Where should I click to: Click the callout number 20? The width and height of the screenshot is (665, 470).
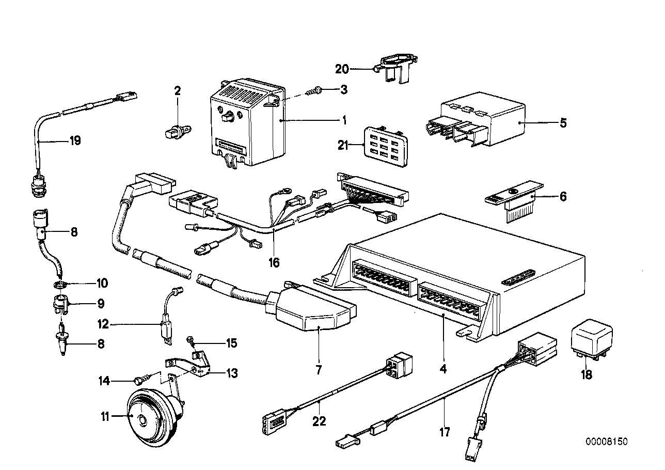coord(356,68)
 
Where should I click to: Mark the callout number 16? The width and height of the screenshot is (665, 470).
coord(274,263)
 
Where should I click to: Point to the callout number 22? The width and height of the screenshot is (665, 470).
coord(320,421)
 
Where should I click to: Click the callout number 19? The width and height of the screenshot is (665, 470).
coord(75,140)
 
